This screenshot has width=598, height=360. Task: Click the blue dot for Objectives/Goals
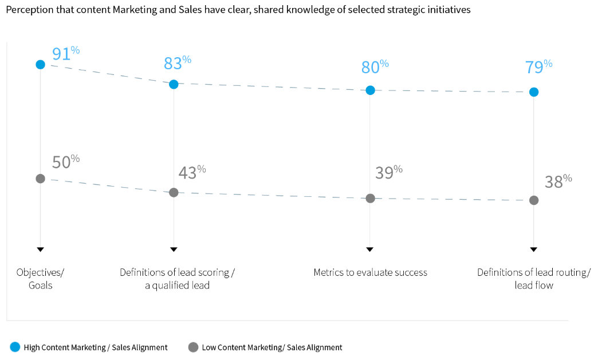pos(40,64)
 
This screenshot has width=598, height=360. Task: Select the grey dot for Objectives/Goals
pos(40,179)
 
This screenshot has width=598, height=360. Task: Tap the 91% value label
pos(65,54)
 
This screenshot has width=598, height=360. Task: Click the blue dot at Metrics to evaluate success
pos(370,90)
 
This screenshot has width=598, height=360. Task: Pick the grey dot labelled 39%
pos(370,198)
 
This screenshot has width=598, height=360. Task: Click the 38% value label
pos(558,182)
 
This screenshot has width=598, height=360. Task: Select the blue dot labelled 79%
pos(534,92)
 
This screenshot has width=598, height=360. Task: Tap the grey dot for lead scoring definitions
pos(174,192)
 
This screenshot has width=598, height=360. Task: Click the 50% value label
pos(65,162)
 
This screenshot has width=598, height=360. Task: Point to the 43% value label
pos(191,173)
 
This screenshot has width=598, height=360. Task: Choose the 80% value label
pos(375,67)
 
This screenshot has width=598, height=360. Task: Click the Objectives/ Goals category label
pos(40,279)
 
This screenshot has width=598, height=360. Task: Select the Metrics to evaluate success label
pos(370,272)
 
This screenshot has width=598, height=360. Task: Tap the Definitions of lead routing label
pos(533,279)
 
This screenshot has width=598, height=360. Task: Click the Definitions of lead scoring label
pos(177,279)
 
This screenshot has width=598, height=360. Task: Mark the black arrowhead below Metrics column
pos(370,250)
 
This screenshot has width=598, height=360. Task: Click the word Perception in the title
pos(28,10)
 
